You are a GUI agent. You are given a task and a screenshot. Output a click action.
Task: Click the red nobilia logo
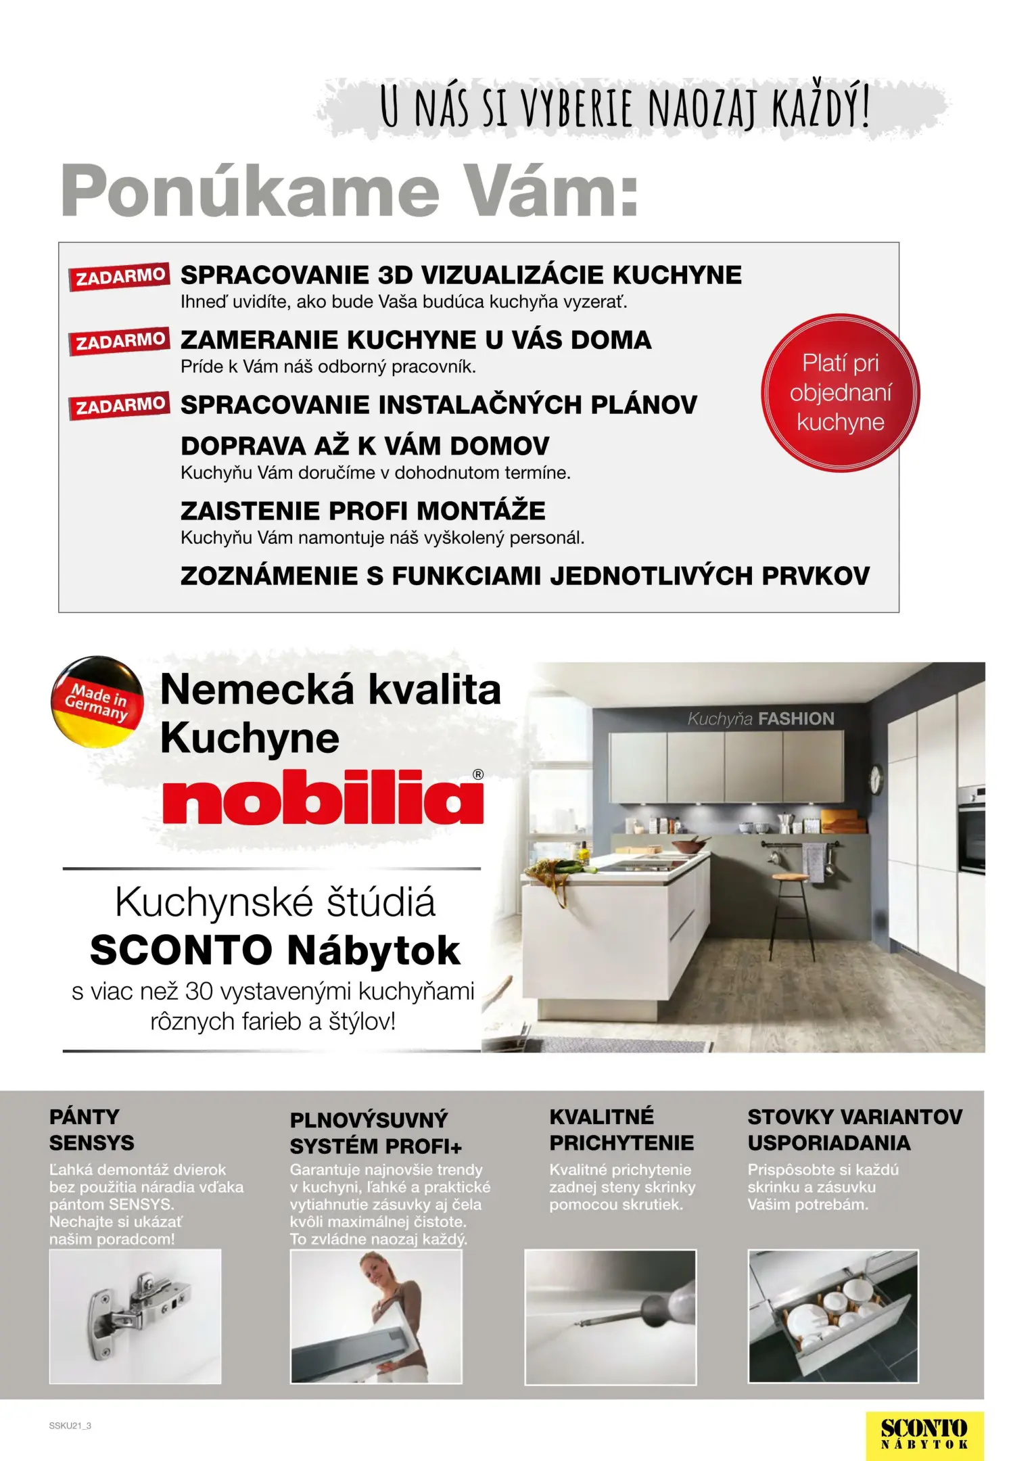(323, 797)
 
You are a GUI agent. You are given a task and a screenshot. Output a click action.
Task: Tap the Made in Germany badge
(97, 702)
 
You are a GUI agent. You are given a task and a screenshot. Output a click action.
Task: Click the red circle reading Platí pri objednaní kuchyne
(840, 393)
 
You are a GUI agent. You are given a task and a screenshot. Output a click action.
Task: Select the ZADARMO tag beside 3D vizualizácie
(120, 276)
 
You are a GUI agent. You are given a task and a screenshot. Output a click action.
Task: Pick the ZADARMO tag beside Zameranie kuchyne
(120, 341)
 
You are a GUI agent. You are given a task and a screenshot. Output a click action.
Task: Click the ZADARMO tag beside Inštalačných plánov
(120, 406)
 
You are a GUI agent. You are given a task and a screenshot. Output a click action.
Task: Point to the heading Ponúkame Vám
(350, 191)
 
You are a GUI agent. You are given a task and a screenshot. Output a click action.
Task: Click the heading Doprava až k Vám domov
(365, 446)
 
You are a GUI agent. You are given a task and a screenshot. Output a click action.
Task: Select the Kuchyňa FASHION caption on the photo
(761, 719)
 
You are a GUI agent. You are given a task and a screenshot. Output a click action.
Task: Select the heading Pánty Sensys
(91, 1130)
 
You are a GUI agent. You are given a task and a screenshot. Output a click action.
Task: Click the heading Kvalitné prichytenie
(621, 1130)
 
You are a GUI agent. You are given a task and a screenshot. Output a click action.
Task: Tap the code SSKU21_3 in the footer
(70, 1426)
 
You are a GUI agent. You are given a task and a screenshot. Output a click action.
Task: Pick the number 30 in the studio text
(199, 992)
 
